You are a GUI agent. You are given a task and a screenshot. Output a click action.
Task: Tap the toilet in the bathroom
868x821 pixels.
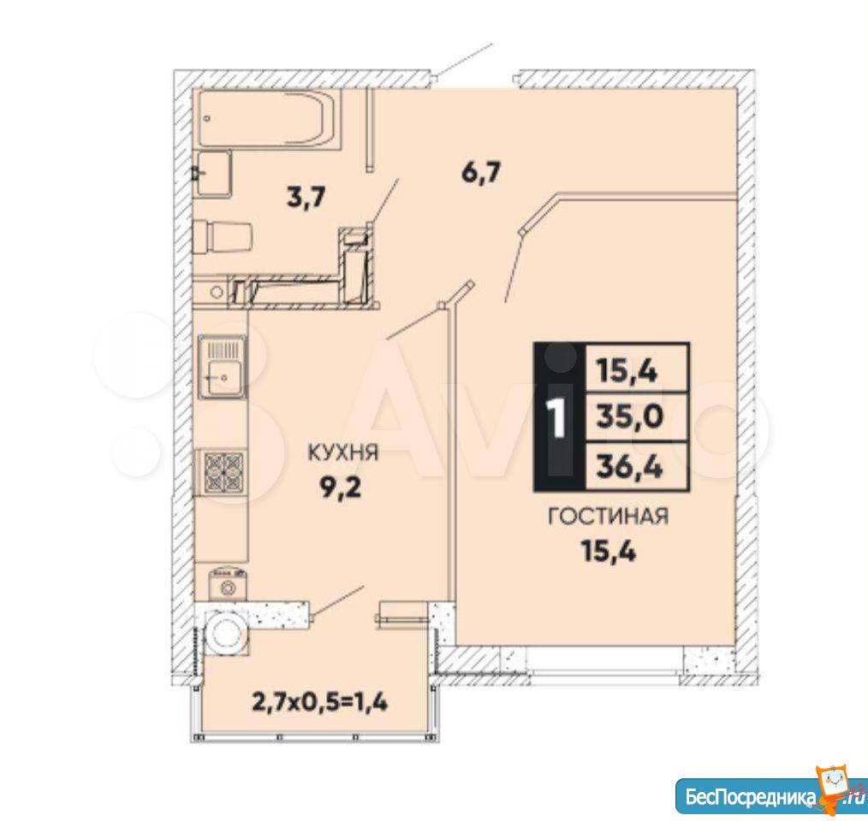223,237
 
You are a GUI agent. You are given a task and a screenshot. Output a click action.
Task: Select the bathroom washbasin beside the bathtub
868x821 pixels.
214,173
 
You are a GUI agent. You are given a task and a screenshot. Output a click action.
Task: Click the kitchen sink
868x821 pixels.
222,366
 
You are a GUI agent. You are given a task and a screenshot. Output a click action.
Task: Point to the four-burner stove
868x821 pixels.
223,473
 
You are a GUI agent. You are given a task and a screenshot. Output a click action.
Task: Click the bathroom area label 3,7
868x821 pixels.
306,197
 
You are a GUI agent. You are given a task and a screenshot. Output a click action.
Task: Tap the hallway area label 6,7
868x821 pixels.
481,173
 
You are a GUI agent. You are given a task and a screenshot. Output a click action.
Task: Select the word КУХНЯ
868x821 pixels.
342,453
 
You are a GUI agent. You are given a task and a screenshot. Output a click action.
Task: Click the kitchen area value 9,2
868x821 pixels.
342,488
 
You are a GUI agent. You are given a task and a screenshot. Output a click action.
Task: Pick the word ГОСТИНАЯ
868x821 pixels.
608,517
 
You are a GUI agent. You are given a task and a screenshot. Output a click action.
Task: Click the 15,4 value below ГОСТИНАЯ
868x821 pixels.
608,551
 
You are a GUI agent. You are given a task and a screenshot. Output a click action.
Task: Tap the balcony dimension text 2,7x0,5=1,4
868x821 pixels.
320,702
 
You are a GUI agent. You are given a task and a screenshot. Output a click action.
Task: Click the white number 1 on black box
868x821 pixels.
556,417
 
